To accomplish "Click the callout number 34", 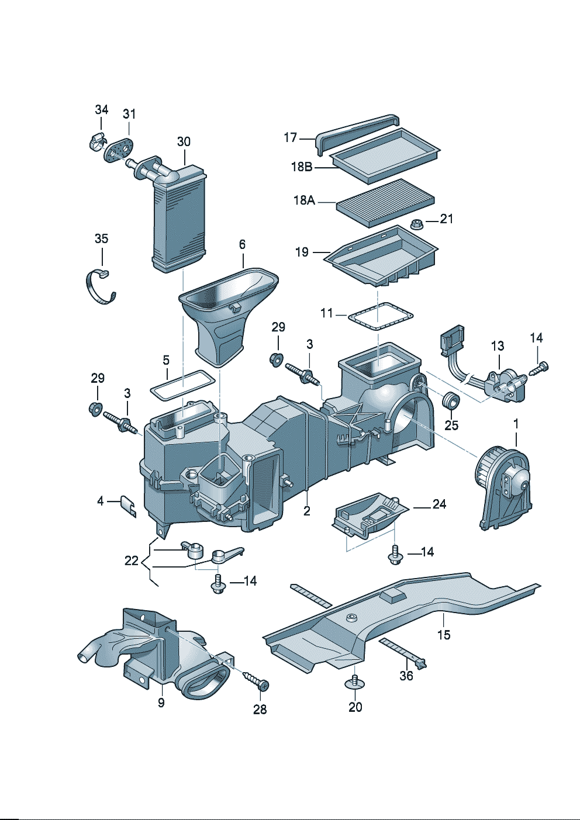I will (x=102, y=109).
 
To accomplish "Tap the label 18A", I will (x=304, y=200).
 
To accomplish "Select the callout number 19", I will (x=302, y=252).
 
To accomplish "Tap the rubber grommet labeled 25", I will (x=451, y=402).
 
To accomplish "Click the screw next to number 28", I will (x=256, y=680).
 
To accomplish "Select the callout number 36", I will (x=406, y=676).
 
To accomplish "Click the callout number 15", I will (x=444, y=635).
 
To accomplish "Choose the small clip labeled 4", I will (x=129, y=506).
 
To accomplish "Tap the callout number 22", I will (x=132, y=560).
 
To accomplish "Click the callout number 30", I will (x=184, y=141).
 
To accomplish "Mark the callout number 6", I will (x=242, y=244).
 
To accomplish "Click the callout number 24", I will (x=439, y=504).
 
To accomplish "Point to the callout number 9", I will (x=161, y=703).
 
